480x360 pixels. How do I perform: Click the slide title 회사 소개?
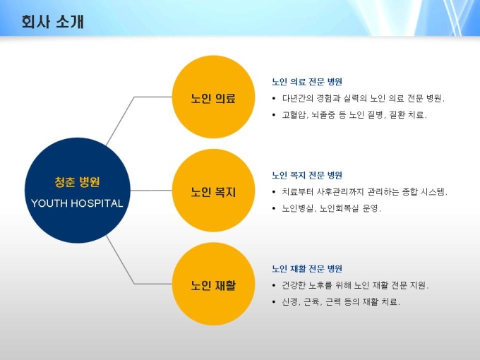point(52,22)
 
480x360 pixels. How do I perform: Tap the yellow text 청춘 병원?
point(77,182)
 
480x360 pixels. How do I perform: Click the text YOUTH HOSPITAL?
point(77,203)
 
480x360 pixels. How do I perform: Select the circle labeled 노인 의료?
point(213,97)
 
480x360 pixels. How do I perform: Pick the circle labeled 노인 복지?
point(213,191)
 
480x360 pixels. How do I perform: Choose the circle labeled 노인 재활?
point(213,284)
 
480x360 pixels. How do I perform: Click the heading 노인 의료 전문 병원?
point(307,82)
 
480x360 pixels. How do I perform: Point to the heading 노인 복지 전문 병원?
point(307,175)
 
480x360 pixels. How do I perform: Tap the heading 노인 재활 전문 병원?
point(307,269)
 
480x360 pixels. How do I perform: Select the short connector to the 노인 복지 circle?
point(151,191)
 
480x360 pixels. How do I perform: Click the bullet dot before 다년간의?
point(274,99)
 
